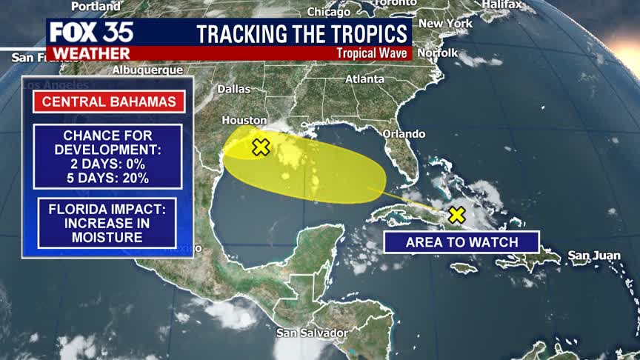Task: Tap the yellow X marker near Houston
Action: (x=260, y=147)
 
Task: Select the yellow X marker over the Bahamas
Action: (x=456, y=215)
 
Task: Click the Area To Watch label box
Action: (x=461, y=242)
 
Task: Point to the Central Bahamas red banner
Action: (x=109, y=101)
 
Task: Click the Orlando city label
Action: (x=404, y=134)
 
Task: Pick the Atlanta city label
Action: (x=364, y=79)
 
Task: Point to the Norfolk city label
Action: (x=437, y=53)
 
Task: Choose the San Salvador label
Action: (x=311, y=333)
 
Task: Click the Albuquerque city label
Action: (x=147, y=70)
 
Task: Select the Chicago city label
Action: (x=328, y=12)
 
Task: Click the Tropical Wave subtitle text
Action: (x=372, y=53)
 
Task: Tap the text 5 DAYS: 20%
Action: (x=108, y=178)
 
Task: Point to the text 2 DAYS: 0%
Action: (x=108, y=164)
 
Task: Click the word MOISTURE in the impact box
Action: (x=108, y=237)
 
